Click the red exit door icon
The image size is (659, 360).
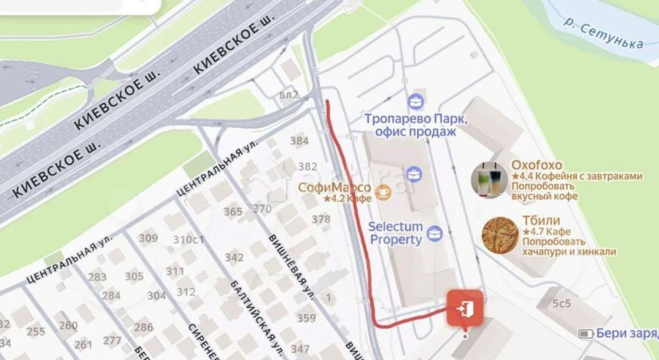(x=465, y=307)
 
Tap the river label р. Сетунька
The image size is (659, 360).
(x=603, y=33)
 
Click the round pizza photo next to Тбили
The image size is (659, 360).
(x=499, y=236)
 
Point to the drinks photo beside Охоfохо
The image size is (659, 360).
(x=489, y=179)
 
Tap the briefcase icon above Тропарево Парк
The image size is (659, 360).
(x=416, y=102)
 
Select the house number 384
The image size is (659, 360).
(x=299, y=140)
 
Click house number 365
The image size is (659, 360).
(x=233, y=212)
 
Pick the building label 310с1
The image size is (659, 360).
(x=188, y=239)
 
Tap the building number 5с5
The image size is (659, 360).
(x=561, y=304)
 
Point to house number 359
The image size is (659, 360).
(x=306, y=318)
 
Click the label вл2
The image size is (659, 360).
(x=289, y=95)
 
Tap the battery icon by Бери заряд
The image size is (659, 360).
(x=586, y=334)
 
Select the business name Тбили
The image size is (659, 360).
(x=542, y=220)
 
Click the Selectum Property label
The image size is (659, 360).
(x=395, y=233)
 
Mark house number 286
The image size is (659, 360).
(x=144, y=326)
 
